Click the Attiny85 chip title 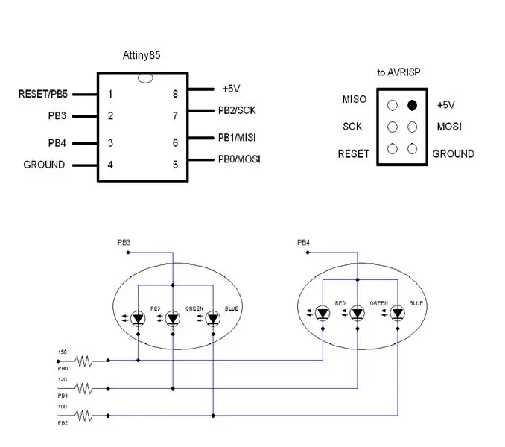click(142, 55)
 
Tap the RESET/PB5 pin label click(43, 94)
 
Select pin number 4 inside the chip click(110, 165)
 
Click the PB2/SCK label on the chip click(237, 110)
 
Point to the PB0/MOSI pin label click(239, 159)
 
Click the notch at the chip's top click(145, 78)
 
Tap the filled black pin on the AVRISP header click(412, 105)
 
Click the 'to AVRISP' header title click(398, 72)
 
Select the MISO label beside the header click(355, 99)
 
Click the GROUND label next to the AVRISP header click(453, 154)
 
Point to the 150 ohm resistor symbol click(83, 361)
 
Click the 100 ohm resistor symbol click(83, 416)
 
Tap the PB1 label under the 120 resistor click(63, 396)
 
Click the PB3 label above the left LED click(124, 243)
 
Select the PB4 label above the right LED click(303, 243)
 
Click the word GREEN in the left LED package click(194, 308)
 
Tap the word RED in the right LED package click(340, 303)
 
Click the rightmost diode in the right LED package click(398, 313)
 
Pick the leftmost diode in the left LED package click(138, 319)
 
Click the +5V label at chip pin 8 click(231, 89)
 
